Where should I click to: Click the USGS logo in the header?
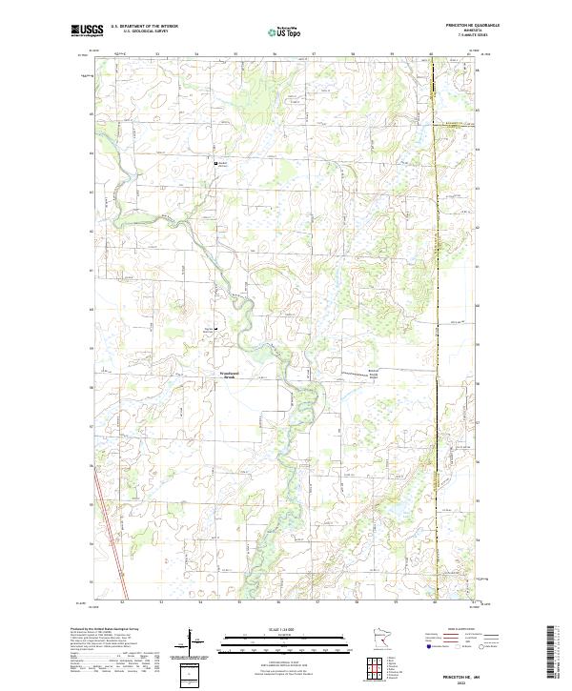point(88,30)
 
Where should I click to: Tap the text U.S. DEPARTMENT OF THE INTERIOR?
point(144,26)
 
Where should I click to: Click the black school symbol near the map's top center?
point(215,164)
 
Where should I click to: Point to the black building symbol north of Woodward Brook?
point(214,330)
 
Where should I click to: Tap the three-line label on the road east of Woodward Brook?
point(376,375)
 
